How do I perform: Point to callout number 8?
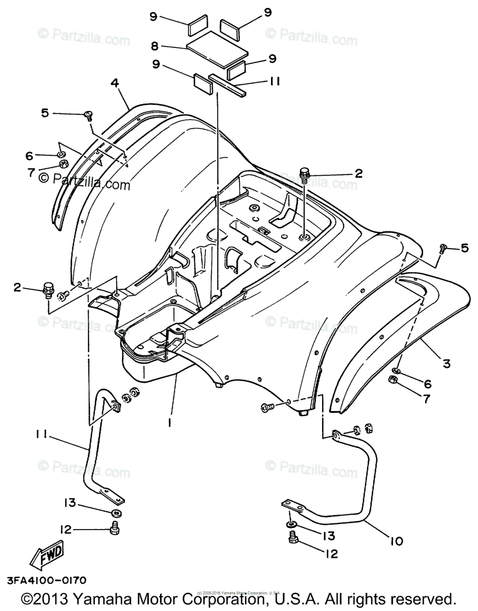pyautogui.click(x=154, y=45)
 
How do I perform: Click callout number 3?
pyautogui.click(x=446, y=363)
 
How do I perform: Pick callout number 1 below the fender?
pyautogui.click(x=170, y=422)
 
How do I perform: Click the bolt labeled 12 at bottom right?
pyautogui.click(x=293, y=538)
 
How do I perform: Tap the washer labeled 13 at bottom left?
pyautogui.click(x=117, y=512)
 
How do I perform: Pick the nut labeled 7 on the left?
pyautogui.click(x=64, y=164)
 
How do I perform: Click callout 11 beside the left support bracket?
pyautogui.click(x=42, y=434)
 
